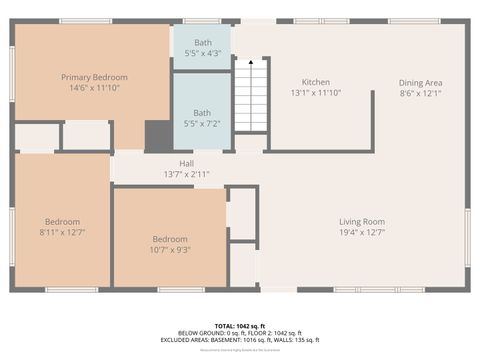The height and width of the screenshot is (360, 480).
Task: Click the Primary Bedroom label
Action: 91,77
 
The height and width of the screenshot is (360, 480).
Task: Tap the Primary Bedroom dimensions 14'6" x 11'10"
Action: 91,88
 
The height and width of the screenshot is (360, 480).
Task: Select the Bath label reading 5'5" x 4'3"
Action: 203,42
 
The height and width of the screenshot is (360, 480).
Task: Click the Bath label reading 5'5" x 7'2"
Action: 203,113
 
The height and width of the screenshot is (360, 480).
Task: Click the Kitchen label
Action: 316,82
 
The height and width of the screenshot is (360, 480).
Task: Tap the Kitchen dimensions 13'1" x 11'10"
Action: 316,93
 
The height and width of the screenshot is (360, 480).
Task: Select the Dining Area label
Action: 420,82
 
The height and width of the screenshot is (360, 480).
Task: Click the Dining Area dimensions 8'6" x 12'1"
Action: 420,93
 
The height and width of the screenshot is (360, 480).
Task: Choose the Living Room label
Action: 361,221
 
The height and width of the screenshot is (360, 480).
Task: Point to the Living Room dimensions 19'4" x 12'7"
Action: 361,232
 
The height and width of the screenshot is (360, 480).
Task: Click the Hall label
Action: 186,163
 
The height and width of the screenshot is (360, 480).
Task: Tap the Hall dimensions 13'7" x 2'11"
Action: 186,174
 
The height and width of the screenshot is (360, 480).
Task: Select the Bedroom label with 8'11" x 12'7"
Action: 62,221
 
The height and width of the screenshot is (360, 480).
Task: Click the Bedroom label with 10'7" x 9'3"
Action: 170,239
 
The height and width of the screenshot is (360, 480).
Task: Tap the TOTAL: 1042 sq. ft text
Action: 239,326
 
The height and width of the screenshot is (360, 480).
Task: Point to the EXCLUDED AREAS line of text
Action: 239,340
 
